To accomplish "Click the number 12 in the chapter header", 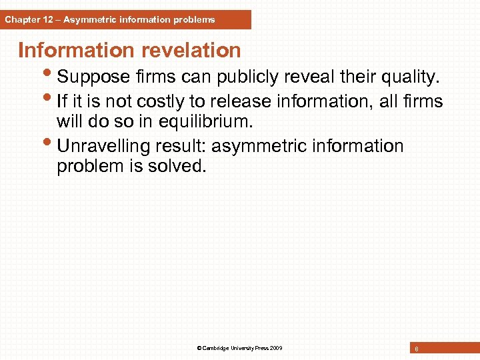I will (x=46, y=19).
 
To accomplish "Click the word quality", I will (x=407, y=78).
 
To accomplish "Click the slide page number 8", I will (x=416, y=349).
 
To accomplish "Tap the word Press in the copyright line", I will (x=259, y=348).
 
